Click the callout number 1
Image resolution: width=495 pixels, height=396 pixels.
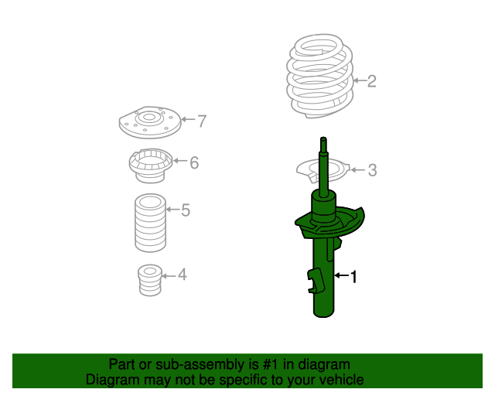coord(354,276)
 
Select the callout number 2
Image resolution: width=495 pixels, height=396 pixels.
coord(371,80)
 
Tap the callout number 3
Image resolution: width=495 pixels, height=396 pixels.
coord(372,170)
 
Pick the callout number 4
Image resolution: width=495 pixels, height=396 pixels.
coord(181,274)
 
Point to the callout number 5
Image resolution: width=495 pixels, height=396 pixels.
coord(186,210)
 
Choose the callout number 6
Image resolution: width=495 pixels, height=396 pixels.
coord(194,162)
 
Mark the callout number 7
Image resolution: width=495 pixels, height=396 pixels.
coord(202,121)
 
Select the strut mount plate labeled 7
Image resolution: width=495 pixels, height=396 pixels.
coord(147,121)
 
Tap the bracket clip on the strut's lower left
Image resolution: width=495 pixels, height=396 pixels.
coord(314,279)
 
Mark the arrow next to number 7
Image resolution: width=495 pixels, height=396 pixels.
coord(187,121)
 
